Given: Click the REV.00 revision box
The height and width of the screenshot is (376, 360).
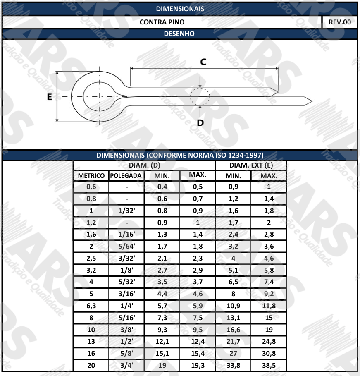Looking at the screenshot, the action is pyautogui.click(x=340, y=22).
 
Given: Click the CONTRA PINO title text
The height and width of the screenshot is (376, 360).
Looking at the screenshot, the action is pyautogui.click(x=162, y=22).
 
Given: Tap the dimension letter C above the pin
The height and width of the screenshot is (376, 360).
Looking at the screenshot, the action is pyautogui.click(x=203, y=62).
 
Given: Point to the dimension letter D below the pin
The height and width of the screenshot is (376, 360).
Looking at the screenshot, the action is pyautogui.click(x=200, y=123).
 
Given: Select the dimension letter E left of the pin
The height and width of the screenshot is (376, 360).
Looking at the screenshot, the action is pyautogui.click(x=49, y=97).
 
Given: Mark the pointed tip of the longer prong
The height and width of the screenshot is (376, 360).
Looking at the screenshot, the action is pyautogui.click(x=312, y=101).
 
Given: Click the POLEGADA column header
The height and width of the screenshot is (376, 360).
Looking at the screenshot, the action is pyautogui.click(x=126, y=176).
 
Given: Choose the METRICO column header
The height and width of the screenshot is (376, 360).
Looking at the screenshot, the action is pyautogui.click(x=91, y=176).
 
